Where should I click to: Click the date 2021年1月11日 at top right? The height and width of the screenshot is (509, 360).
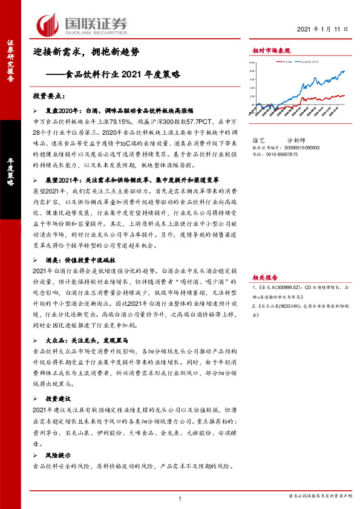pyautogui.click(x=323, y=28)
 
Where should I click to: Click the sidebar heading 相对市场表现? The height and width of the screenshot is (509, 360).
pyautogui.click(x=271, y=52)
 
